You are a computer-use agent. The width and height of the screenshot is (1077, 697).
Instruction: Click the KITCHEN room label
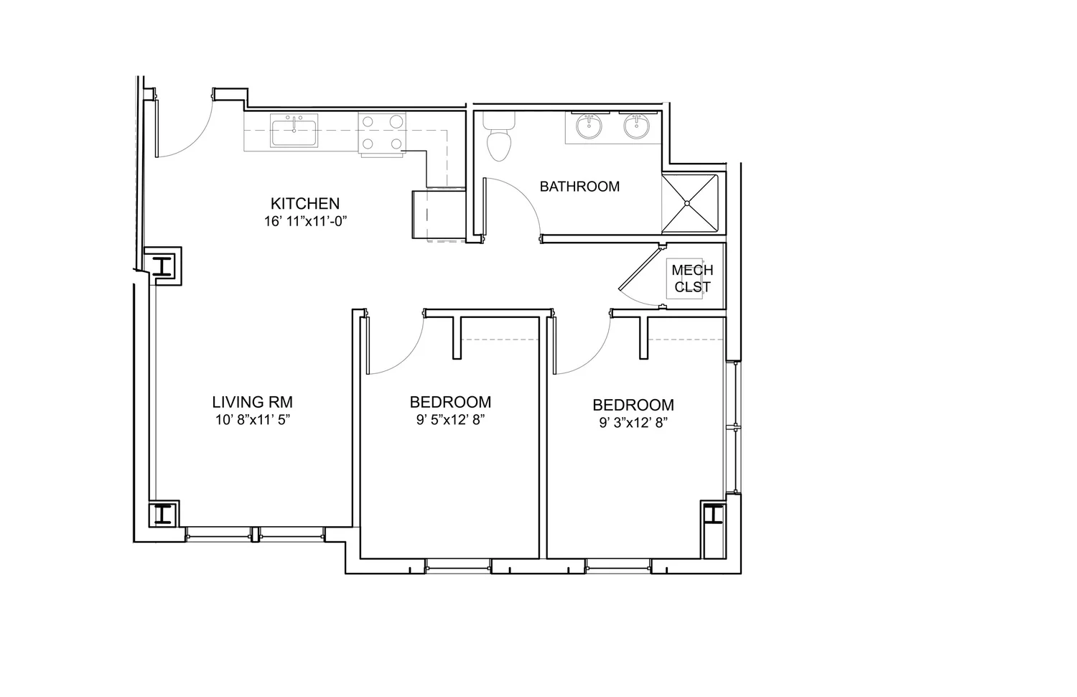[304, 203]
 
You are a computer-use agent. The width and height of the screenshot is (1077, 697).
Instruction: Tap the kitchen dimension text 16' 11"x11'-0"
[306, 222]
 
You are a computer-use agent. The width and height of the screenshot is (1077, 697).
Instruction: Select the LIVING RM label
[252, 402]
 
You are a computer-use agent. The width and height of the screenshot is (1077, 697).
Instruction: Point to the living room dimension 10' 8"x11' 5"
[252, 421]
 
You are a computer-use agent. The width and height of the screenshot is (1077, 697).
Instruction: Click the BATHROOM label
[579, 187]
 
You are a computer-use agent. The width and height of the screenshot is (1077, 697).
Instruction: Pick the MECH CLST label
[692, 279]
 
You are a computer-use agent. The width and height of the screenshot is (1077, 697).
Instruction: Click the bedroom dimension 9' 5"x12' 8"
[451, 421]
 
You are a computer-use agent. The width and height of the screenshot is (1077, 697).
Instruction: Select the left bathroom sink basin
[590, 128]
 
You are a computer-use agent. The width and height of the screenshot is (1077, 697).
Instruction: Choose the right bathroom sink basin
[636, 128]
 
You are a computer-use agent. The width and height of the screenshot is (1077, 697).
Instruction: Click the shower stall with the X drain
[689, 203]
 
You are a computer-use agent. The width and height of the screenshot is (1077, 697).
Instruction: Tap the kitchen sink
[294, 131]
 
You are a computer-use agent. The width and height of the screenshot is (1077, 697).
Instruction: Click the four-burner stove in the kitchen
[381, 134]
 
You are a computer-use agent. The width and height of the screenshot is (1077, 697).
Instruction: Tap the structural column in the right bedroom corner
[713, 515]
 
